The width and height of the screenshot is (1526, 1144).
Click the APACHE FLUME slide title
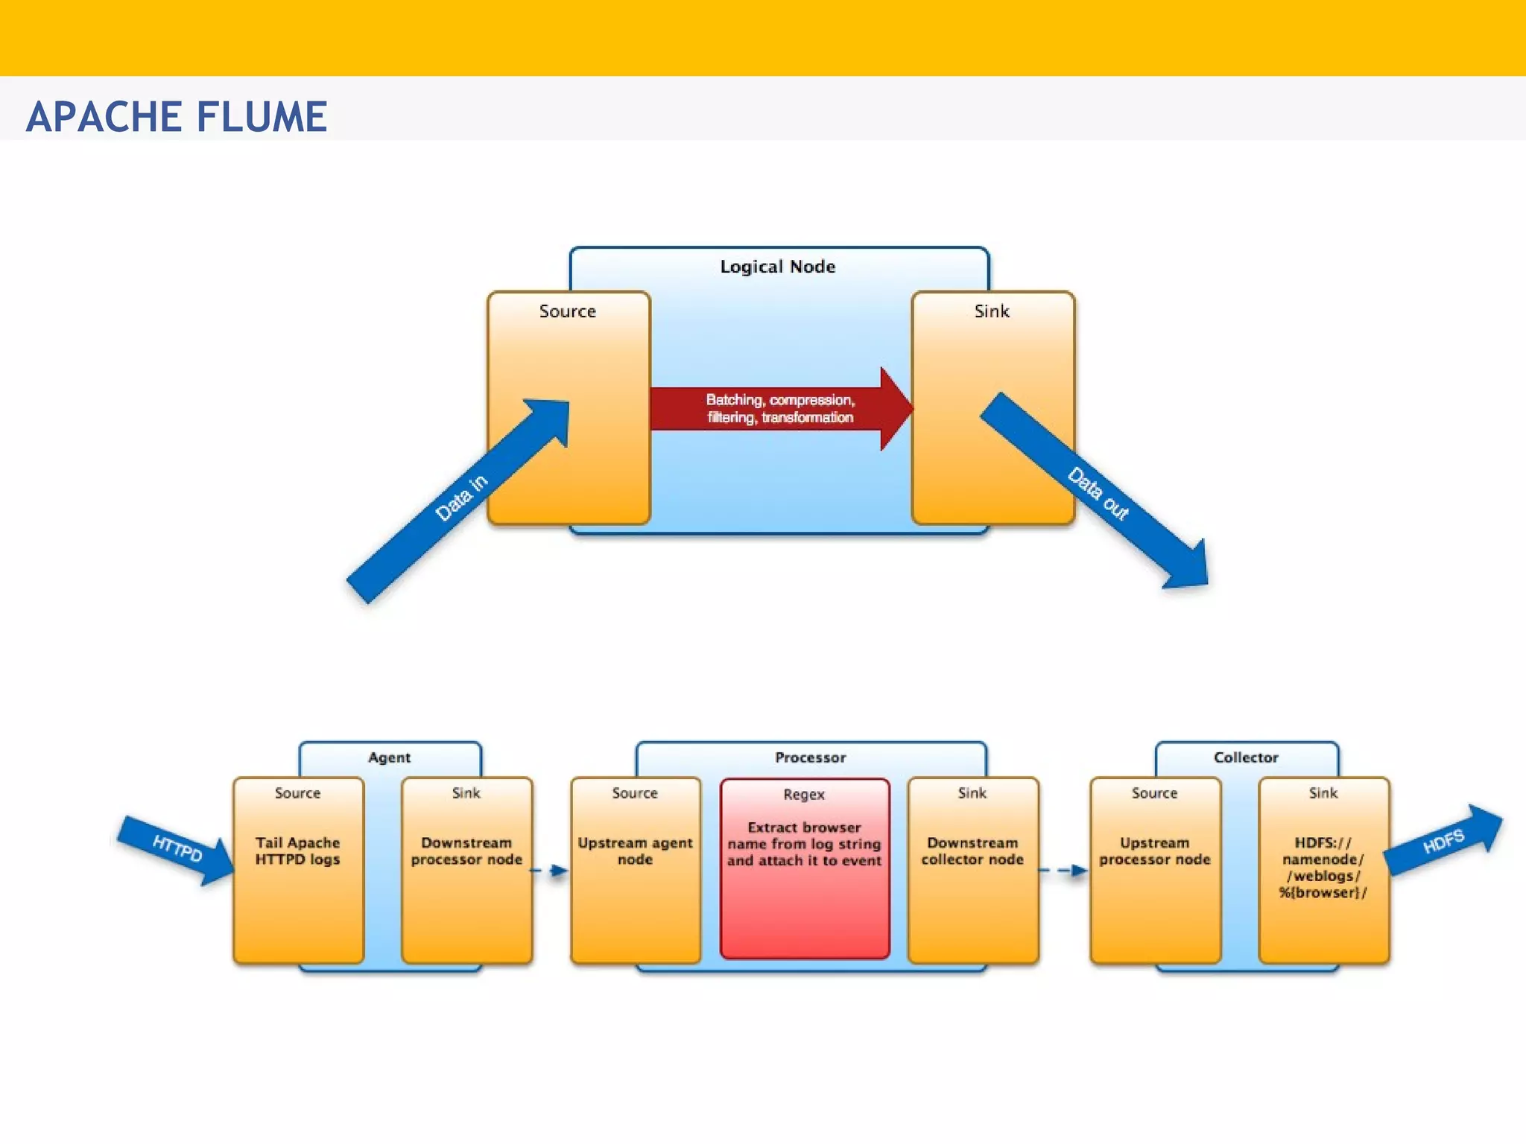[177, 117]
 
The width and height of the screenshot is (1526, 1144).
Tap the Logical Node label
[777, 267]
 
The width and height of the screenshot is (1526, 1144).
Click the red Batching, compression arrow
[779, 409]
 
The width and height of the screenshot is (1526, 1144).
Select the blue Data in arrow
[458, 500]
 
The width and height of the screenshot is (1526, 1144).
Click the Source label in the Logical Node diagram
[567, 311]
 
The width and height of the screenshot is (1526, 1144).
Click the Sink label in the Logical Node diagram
[991, 311]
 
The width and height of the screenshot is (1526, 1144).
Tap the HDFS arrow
[1443, 842]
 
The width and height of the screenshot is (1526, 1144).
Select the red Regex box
[804, 868]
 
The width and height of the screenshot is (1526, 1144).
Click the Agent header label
[389, 757]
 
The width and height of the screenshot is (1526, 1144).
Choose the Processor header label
[810, 757]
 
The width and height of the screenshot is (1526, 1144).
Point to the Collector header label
[1245, 757]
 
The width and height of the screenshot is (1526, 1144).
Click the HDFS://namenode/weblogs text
[1323, 868]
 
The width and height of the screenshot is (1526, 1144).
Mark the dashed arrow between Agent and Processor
[551, 870]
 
